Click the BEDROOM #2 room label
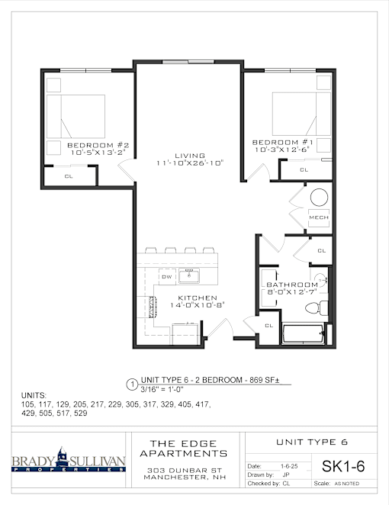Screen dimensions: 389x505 click(98, 145)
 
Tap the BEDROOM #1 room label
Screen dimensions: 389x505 click(282, 142)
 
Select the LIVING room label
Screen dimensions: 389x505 click(190, 156)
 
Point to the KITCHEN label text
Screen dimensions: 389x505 click(198, 298)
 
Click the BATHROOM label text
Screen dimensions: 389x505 click(292, 285)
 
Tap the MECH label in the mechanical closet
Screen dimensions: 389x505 click(319, 217)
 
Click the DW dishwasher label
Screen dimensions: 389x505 click(167, 277)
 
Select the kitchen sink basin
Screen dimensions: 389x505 click(188, 276)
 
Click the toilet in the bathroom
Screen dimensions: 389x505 click(317, 308)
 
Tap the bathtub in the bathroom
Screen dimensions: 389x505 click(303, 334)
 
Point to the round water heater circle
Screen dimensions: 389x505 click(319, 197)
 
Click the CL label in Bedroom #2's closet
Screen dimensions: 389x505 click(69, 176)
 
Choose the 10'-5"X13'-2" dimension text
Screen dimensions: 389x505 click(98, 153)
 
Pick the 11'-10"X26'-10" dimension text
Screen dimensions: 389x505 click(190, 163)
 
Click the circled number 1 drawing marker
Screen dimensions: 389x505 click(132, 384)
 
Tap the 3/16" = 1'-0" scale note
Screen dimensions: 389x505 click(162, 389)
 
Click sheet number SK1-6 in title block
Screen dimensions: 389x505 click(343, 466)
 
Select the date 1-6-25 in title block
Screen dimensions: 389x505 click(289, 466)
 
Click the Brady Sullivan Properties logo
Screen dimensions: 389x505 click(69, 459)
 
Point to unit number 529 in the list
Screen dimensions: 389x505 click(81, 413)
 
